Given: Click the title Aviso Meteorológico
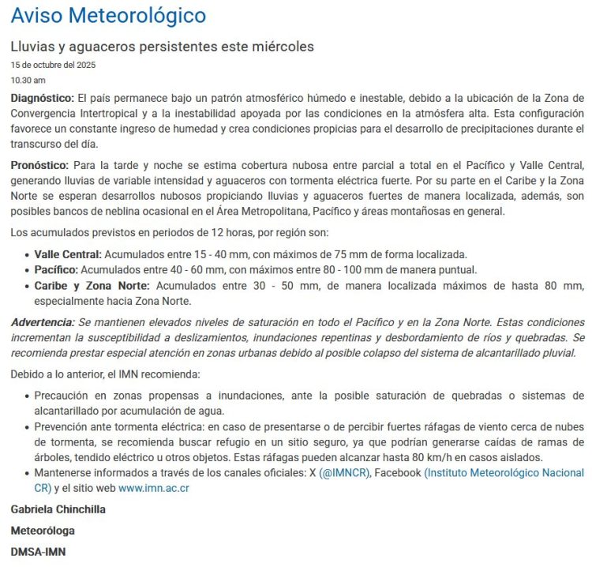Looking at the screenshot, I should (108, 15).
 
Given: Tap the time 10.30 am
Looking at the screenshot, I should (28, 80).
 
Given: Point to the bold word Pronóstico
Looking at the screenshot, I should (39, 165).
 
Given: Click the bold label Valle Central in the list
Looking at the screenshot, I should (68, 254).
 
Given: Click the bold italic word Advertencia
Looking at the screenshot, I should (43, 322).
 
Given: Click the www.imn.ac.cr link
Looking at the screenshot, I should (154, 488).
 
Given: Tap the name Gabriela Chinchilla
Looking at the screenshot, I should (58, 509).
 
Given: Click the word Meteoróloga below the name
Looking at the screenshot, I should (43, 531).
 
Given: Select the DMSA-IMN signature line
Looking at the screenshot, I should (39, 552).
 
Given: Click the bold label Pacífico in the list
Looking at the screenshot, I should (56, 269).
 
